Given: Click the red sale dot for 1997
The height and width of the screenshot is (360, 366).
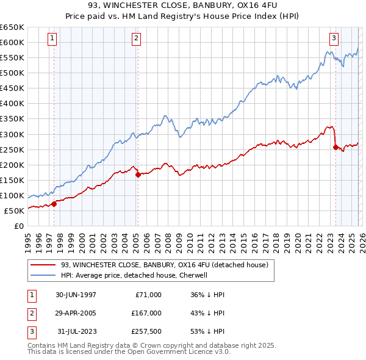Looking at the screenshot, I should point(54,204).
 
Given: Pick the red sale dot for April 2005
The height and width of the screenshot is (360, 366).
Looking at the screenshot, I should point(138,175).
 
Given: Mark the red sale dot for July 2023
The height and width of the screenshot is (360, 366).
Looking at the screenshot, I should point(335,146).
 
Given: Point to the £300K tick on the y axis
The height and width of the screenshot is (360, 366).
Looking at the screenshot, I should point(13,134).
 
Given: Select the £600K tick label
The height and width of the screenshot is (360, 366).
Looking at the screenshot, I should point(13,42).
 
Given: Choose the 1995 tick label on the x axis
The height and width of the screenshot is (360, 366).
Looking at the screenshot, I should point(28,237).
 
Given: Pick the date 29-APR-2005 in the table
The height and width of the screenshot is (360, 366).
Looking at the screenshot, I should point(75,313).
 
